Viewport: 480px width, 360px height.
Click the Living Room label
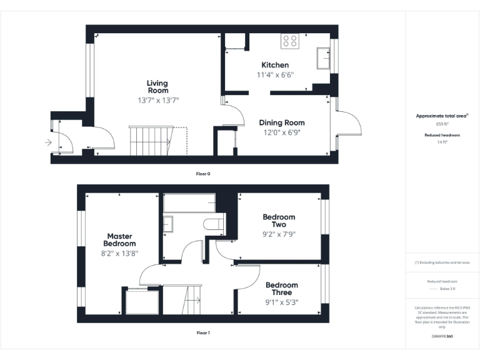(157, 87)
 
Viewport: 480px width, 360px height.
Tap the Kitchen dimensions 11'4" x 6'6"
(275, 74)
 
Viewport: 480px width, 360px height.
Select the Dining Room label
(281, 122)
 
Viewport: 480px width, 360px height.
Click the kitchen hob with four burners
(290, 41)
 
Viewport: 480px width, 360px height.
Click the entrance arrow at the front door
(49, 142)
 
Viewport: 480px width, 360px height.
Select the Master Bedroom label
(119, 240)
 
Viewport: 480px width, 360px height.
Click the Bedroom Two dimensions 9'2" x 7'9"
(279, 234)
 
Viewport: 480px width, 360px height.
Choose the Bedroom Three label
(281, 289)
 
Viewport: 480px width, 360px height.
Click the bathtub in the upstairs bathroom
(189, 203)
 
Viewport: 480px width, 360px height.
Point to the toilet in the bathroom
(212, 224)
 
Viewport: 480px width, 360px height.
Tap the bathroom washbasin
(167, 223)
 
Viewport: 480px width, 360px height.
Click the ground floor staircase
(151, 141)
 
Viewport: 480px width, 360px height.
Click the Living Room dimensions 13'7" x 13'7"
(158, 100)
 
